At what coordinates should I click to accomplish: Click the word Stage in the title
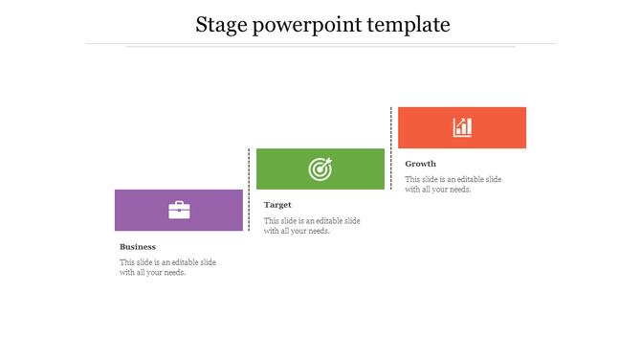click(222, 25)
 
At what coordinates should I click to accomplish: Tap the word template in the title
click(412, 25)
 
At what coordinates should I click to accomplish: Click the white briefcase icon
click(179, 210)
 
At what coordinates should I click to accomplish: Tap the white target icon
click(320, 169)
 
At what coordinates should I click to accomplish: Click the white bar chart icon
click(462, 127)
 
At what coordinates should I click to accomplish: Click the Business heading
click(138, 247)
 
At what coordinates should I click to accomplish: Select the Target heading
click(278, 205)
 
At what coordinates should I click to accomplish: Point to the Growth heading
click(420, 164)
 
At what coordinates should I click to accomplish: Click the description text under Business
click(167, 267)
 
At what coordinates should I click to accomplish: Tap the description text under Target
click(312, 225)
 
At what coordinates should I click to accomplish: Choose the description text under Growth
click(453, 184)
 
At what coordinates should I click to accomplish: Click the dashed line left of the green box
click(250, 189)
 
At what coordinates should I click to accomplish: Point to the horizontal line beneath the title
click(320, 44)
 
